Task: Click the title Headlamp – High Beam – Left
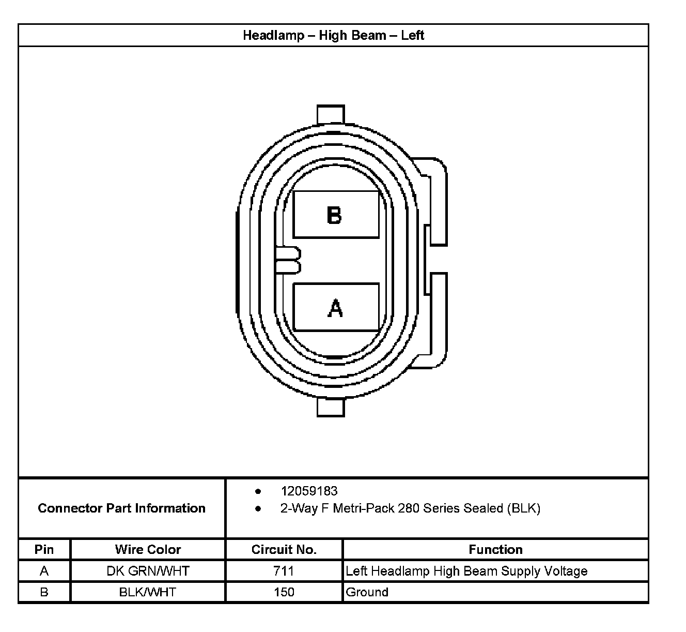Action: click(x=333, y=36)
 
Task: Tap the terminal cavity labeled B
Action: click(x=336, y=215)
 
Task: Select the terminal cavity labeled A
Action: click(x=336, y=307)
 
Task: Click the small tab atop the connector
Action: click(x=330, y=114)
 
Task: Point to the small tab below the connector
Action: click(x=330, y=407)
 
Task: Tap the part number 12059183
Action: click(x=309, y=491)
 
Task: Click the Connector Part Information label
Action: click(x=122, y=508)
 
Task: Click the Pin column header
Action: click(x=44, y=549)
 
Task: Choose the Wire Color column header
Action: click(x=148, y=549)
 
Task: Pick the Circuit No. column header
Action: click(x=284, y=549)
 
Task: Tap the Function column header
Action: click(x=495, y=549)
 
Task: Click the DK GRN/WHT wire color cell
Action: click(x=148, y=571)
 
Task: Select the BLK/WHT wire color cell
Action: click(x=148, y=592)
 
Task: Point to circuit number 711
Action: click(x=284, y=571)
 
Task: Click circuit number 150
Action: click(x=284, y=592)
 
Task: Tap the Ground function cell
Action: click(x=367, y=592)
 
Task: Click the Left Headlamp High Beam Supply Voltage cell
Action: click(x=466, y=571)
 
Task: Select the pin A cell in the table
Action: click(x=44, y=571)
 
